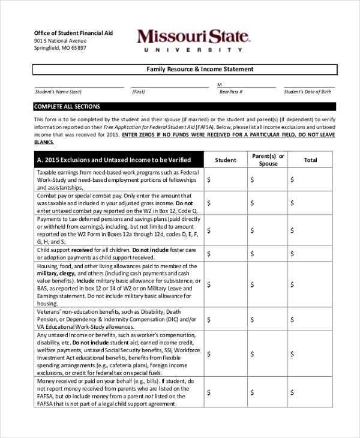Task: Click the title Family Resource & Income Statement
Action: click(200, 70)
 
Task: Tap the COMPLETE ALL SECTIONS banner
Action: click(67, 106)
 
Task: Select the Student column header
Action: click(225, 160)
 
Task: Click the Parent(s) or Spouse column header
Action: click(268, 160)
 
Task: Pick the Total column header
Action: click(310, 160)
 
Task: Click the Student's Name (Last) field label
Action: click(58, 92)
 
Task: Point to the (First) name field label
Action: click(139, 92)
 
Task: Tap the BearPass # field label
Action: click(231, 92)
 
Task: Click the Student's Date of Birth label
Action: click(307, 92)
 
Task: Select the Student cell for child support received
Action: click(225, 254)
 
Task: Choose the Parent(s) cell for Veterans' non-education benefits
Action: click(268, 319)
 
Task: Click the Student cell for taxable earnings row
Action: click(225, 179)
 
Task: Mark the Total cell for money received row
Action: click(310, 392)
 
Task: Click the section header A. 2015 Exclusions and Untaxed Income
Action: click(114, 160)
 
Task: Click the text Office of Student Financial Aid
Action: click(73, 33)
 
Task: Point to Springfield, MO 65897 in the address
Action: click(60, 48)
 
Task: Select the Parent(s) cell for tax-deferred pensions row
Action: click(268, 230)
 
